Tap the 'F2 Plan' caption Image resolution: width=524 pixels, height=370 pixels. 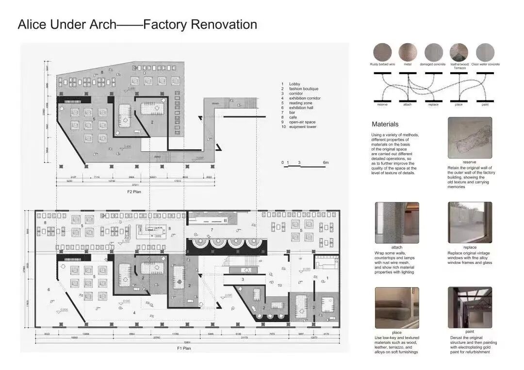133,192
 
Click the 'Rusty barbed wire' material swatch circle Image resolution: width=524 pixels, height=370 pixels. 382,52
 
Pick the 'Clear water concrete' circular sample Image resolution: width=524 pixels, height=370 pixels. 485,52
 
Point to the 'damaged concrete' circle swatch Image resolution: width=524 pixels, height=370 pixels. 433,52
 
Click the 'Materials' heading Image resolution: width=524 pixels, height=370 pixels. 385,124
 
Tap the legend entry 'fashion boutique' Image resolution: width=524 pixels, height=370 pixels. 304,89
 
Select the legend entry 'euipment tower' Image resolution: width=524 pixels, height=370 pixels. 303,127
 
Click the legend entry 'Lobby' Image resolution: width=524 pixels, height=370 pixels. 295,84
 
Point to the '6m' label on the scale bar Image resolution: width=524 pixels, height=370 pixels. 326,162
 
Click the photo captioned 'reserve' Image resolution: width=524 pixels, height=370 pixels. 469,138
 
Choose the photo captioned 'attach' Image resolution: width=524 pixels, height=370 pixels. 396,223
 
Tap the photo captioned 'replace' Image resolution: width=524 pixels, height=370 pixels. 469,223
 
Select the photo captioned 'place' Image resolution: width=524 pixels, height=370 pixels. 396,307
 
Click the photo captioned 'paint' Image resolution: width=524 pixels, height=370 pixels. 469,307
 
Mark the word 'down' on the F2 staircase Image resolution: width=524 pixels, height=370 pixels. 215,103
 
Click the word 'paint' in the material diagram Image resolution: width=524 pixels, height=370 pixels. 485,105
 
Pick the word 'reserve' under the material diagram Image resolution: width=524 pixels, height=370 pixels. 382,105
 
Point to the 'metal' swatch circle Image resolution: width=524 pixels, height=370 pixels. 408,52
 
